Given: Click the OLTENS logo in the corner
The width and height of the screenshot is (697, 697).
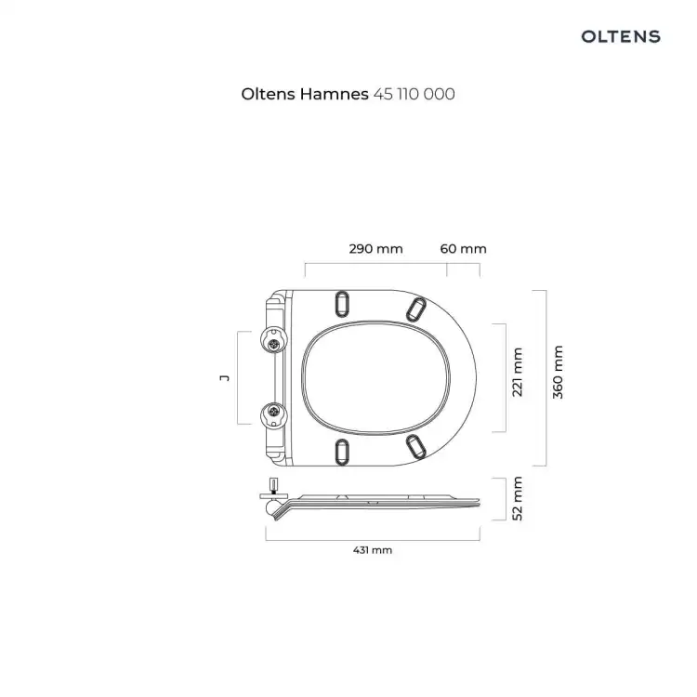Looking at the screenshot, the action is [621, 36].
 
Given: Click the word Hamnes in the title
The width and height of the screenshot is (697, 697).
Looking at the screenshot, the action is [334, 94].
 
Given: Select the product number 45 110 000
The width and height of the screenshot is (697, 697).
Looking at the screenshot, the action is [414, 94].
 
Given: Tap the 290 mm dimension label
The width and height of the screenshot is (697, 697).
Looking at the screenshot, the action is [375, 248].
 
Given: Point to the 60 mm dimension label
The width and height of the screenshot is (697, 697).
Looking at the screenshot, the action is [463, 248].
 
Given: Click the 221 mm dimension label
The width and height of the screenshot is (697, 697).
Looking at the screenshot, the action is [517, 372].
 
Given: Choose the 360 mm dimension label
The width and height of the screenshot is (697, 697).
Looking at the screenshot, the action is [558, 372].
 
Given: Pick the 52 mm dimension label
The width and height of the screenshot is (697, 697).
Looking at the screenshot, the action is [517, 498].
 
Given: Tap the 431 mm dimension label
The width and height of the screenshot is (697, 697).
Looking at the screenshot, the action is [373, 550].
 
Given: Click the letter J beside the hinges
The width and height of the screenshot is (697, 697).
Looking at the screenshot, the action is [225, 378].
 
